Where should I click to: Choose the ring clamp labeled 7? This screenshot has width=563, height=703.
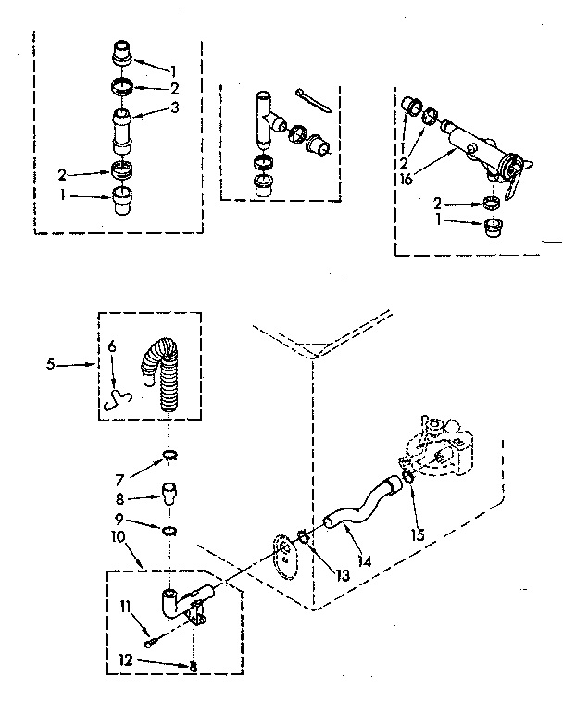(x=169, y=454)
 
